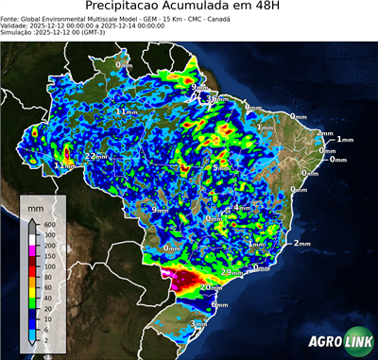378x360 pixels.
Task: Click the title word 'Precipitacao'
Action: [x=129, y=7]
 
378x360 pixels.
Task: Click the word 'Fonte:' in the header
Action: [x=11, y=17]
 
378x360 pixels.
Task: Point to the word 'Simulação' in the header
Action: [x=17, y=32]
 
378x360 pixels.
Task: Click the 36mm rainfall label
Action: [x=215, y=98]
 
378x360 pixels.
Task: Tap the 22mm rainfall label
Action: [x=95, y=156]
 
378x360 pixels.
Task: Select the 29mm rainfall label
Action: [x=231, y=272]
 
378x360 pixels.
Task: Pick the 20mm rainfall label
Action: [x=210, y=286]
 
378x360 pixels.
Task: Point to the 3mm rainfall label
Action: [x=199, y=324]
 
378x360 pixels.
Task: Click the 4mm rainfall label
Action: [x=240, y=207]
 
